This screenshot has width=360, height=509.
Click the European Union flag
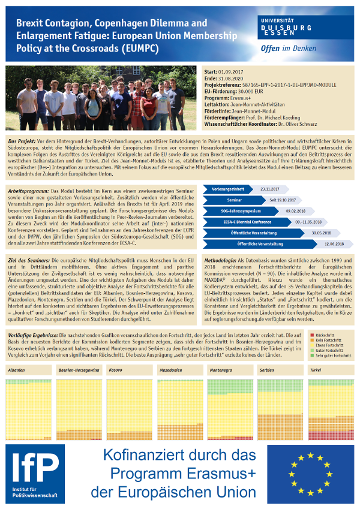[x=310, y=474]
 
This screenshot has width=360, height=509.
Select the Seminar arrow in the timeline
[x=235, y=200]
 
